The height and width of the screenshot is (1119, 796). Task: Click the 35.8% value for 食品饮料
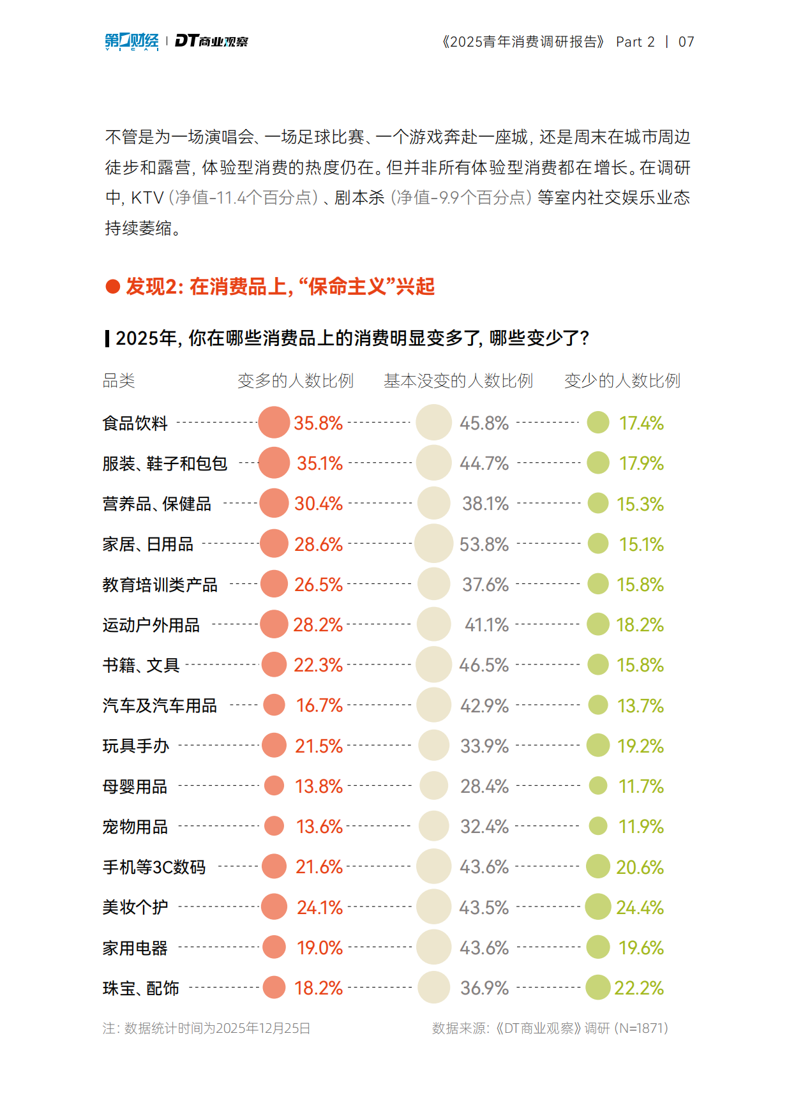(318, 423)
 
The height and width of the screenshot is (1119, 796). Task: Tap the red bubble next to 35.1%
(274, 463)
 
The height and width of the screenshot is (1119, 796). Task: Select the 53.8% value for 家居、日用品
(484, 544)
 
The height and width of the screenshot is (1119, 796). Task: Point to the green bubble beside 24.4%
(598, 907)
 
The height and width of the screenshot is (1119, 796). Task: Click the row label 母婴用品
(135, 786)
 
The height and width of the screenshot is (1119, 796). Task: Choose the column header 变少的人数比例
(622, 381)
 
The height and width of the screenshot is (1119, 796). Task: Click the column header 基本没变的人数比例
(458, 381)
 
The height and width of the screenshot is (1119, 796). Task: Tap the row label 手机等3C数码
(154, 867)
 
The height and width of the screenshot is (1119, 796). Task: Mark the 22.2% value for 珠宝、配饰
(639, 988)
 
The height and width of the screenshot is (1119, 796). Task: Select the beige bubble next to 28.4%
(434, 786)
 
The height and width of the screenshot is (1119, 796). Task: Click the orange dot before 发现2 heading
(113, 287)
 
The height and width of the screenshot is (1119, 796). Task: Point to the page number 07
(686, 42)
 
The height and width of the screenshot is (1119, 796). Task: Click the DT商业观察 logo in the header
(211, 41)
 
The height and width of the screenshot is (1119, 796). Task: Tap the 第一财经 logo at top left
(131, 41)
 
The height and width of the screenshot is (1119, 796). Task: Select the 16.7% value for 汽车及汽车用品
(319, 705)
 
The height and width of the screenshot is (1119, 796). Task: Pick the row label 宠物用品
(135, 827)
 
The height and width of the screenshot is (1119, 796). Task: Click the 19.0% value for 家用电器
(320, 948)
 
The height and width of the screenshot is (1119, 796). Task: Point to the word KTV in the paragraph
(147, 198)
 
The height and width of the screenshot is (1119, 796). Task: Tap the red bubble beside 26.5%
(274, 584)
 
